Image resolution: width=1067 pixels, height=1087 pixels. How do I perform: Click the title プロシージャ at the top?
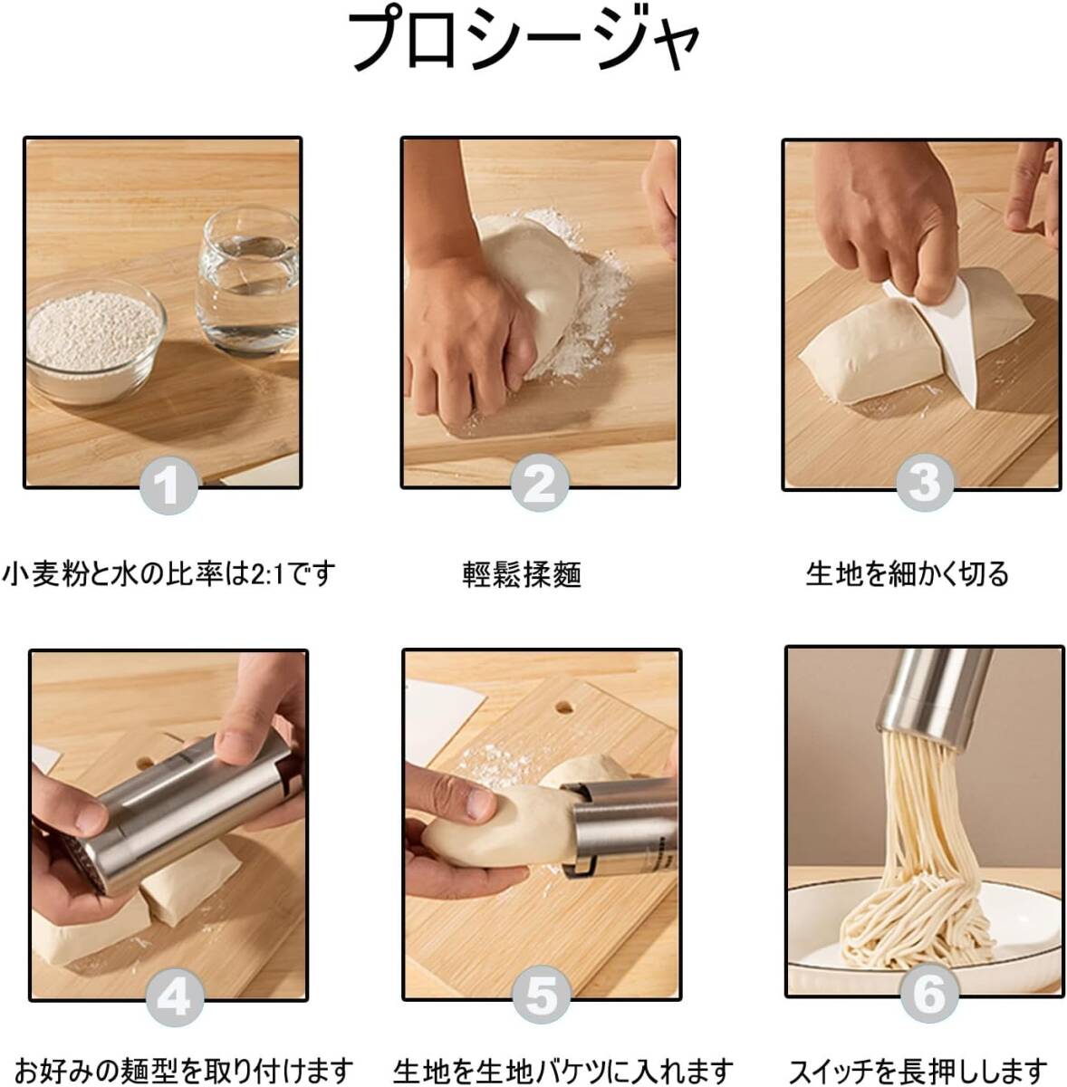[524, 40]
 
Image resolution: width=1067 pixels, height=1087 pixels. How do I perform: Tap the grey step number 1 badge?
[168, 486]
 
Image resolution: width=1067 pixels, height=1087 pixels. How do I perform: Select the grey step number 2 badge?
[540, 484]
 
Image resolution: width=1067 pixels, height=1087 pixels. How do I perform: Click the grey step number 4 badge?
[174, 999]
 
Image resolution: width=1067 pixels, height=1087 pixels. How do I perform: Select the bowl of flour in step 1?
[96, 341]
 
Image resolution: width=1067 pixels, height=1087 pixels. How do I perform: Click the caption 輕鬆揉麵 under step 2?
[522, 575]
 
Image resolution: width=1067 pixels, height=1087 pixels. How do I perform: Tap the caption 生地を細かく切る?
[906, 573]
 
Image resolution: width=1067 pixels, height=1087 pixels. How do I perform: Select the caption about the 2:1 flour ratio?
[168, 573]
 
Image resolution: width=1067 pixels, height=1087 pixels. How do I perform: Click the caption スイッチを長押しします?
[918, 1068]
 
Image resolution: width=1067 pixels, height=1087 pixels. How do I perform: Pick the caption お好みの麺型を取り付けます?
[183, 1068]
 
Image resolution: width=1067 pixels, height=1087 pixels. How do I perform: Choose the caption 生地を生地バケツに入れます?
[562, 1068]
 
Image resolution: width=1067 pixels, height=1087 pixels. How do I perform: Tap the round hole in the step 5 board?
[563, 706]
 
